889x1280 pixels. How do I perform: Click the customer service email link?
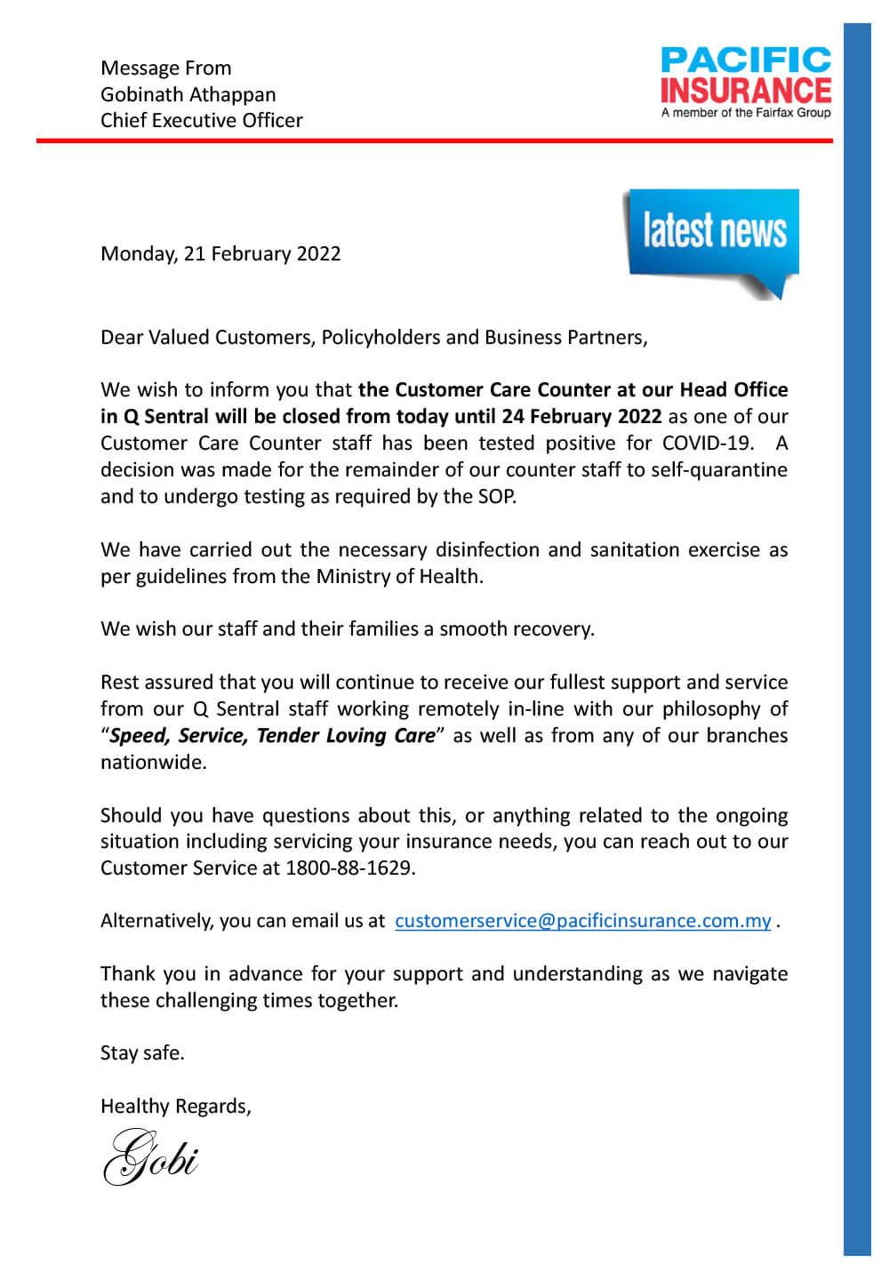[582, 921]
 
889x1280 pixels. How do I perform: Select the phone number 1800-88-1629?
[349, 868]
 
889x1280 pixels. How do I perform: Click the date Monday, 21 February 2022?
[220, 254]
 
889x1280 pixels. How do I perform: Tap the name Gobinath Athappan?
[188, 94]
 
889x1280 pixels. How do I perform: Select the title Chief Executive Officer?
[201, 121]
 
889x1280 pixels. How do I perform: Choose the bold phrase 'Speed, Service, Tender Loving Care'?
[272, 736]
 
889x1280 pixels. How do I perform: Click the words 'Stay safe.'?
[142, 1053]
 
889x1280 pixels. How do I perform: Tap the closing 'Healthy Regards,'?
[175, 1107]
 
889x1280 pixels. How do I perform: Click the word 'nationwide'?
[152, 763]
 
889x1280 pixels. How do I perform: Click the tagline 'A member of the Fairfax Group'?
[746, 113]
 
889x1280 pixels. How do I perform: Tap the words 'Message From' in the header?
[165, 68]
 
